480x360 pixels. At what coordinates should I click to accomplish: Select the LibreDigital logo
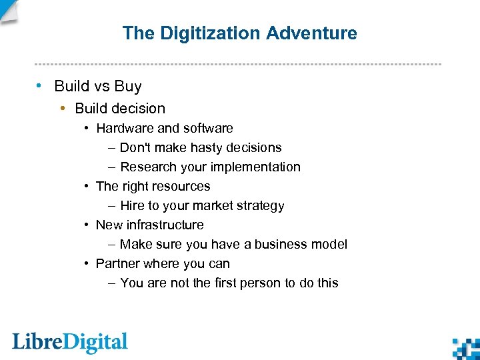pyautogui.click(x=70, y=342)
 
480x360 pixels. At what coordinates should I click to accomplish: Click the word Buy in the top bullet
pyautogui.click(x=128, y=86)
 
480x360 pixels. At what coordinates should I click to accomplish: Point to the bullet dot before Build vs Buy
pyautogui.click(x=41, y=86)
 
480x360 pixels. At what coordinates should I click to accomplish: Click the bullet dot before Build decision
pyautogui.click(x=63, y=108)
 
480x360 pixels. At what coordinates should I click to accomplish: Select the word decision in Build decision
pyautogui.click(x=139, y=108)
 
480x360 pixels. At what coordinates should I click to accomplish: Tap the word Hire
pyautogui.click(x=132, y=206)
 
